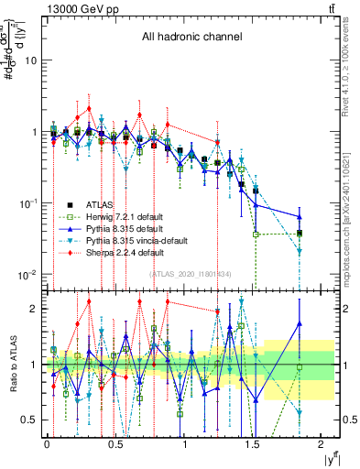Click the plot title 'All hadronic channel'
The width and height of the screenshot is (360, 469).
(191, 38)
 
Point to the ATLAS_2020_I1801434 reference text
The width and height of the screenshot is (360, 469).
(191, 274)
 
